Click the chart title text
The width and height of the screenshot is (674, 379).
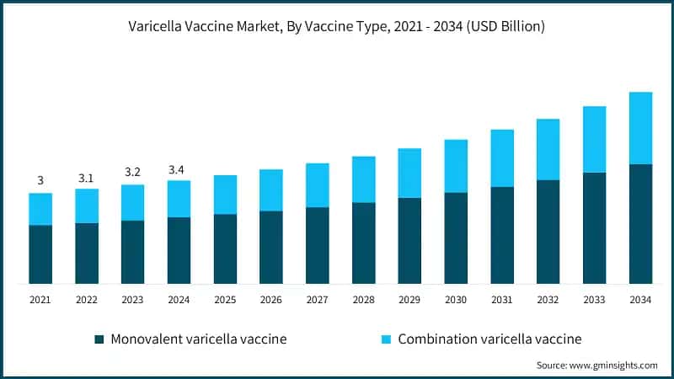pos(337,27)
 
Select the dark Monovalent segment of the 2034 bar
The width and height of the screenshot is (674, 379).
pos(640,224)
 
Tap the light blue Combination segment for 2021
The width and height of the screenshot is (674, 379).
pos(40,209)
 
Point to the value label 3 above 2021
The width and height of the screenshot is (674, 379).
pos(40,181)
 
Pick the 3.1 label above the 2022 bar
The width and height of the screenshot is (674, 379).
pos(87,178)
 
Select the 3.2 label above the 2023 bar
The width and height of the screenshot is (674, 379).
pos(132,173)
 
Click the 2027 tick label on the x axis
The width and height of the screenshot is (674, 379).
pos(317,300)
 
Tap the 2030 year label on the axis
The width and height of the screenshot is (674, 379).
pos(456,300)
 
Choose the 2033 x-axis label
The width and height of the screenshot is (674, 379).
pos(594,300)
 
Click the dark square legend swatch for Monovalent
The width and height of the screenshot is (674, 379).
pos(100,339)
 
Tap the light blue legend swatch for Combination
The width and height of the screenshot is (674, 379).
pos(386,339)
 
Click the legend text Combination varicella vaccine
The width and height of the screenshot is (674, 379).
pos(489,339)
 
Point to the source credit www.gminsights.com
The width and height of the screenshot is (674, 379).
pos(597,366)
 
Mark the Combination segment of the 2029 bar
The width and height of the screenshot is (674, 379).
pos(409,173)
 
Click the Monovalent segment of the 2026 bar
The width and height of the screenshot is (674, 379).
pos(271,248)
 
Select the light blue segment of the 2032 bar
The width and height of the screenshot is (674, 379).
pos(548,149)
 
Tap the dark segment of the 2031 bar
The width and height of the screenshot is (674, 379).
pos(502,236)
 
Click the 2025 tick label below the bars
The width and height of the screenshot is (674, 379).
pos(225,300)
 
